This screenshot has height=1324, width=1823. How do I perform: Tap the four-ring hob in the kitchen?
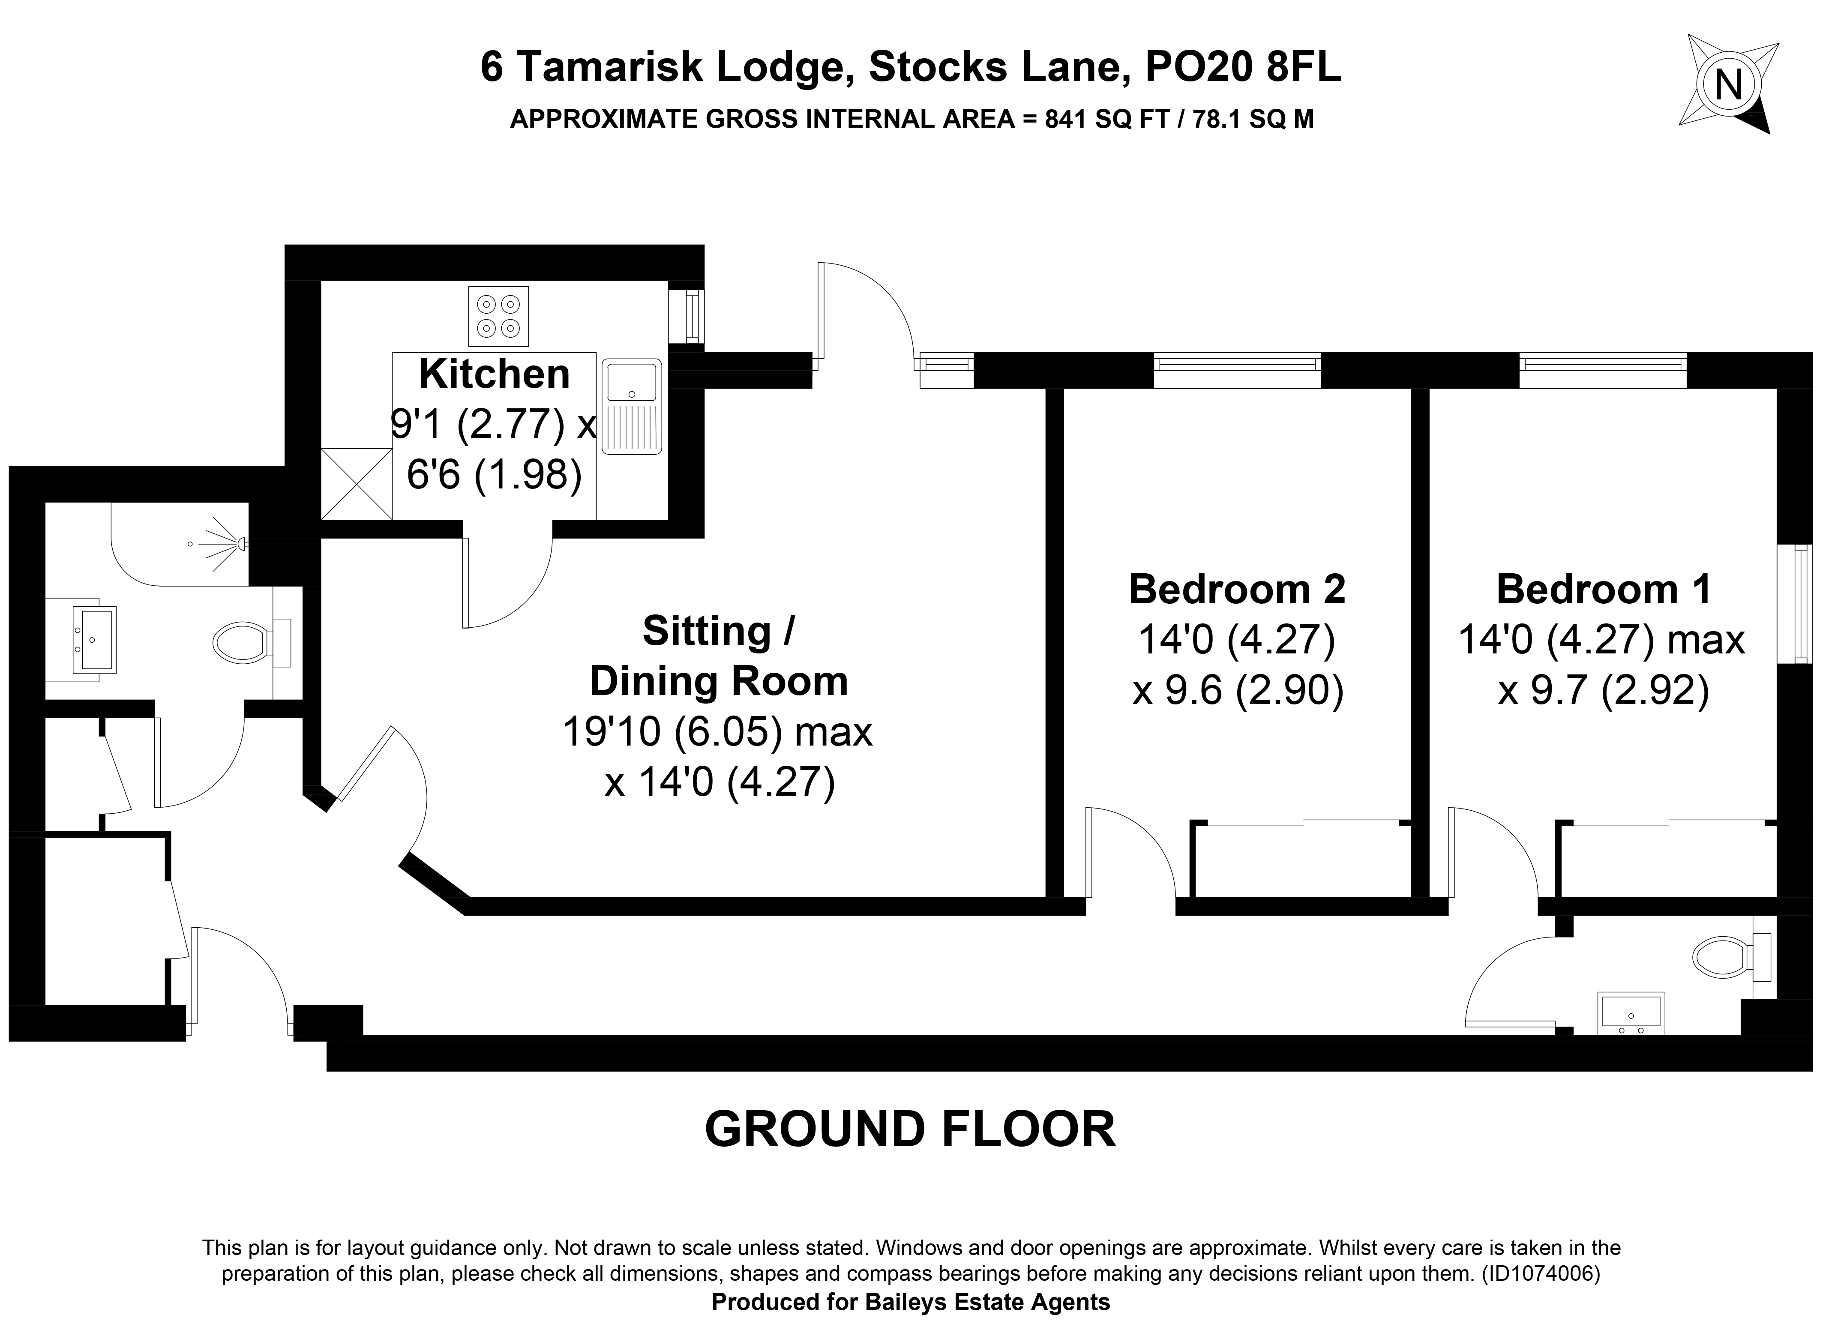[x=498, y=316]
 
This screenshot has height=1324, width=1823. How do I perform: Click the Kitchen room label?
[x=495, y=374]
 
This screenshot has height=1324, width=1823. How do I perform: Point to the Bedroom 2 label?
[x=1237, y=589]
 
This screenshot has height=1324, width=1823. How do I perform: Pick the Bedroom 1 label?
[x=1604, y=589]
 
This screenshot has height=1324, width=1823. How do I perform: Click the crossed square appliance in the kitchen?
[x=356, y=484]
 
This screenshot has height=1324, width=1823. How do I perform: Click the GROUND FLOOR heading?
[x=910, y=1129]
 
